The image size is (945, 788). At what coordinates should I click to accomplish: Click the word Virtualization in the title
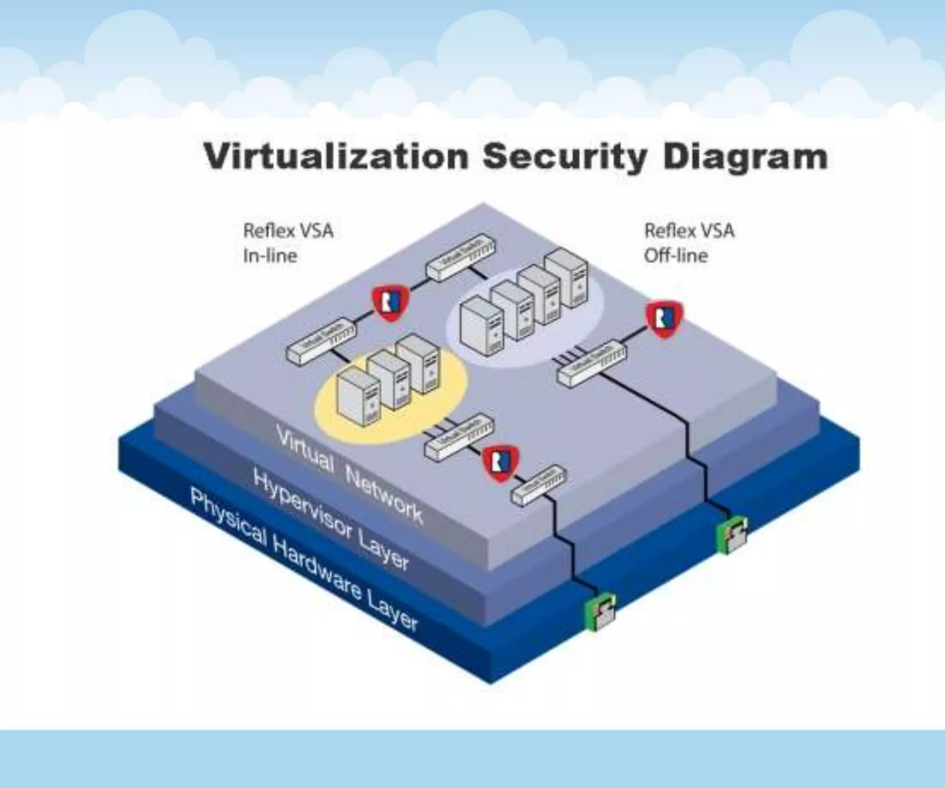[336, 157]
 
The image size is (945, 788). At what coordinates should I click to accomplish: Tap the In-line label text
[270, 256]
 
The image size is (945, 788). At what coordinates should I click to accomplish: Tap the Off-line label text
[676, 256]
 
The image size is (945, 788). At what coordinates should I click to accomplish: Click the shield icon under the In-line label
[391, 303]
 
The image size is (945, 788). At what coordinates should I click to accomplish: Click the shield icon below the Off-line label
[664, 319]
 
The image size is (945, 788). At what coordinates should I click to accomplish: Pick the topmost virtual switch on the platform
[460, 258]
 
